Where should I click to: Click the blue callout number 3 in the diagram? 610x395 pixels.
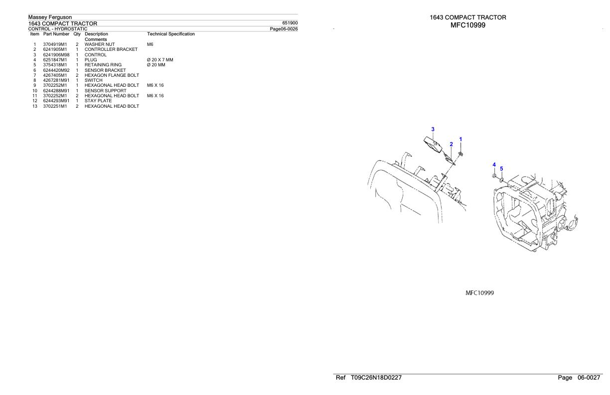(x=433, y=129)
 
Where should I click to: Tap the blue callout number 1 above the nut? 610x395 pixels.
(x=460, y=139)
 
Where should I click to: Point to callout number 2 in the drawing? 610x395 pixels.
(x=451, y=144)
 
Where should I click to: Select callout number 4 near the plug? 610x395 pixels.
(x=494, y=165)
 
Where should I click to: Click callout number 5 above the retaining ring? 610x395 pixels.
(x=501, y=169)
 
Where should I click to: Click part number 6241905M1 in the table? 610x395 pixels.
(x=55, y=49)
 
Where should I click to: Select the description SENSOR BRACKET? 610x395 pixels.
(x=105, y=70)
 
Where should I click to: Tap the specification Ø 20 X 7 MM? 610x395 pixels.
(x=160, y=60)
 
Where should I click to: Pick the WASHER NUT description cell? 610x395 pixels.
(x=100, y=44)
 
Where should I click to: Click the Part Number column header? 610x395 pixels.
(x=56, y=34)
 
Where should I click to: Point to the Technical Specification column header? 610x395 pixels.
(x=171, y=34)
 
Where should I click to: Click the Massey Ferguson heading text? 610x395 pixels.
(x=50, y=17)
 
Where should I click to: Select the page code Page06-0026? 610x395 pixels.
(x=284, y=29)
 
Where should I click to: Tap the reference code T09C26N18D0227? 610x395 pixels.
(x=376, y=378)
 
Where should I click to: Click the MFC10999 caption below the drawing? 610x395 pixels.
(x=479, y=293)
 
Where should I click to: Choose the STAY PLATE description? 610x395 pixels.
(x=98, y=101)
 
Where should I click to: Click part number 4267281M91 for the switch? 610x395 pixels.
(x=56, y=80)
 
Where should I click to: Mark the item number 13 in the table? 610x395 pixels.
(x=34, y=106)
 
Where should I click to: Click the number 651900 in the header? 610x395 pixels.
(x=290, y=23)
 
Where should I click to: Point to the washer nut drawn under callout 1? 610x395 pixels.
(x=461, y=154)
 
